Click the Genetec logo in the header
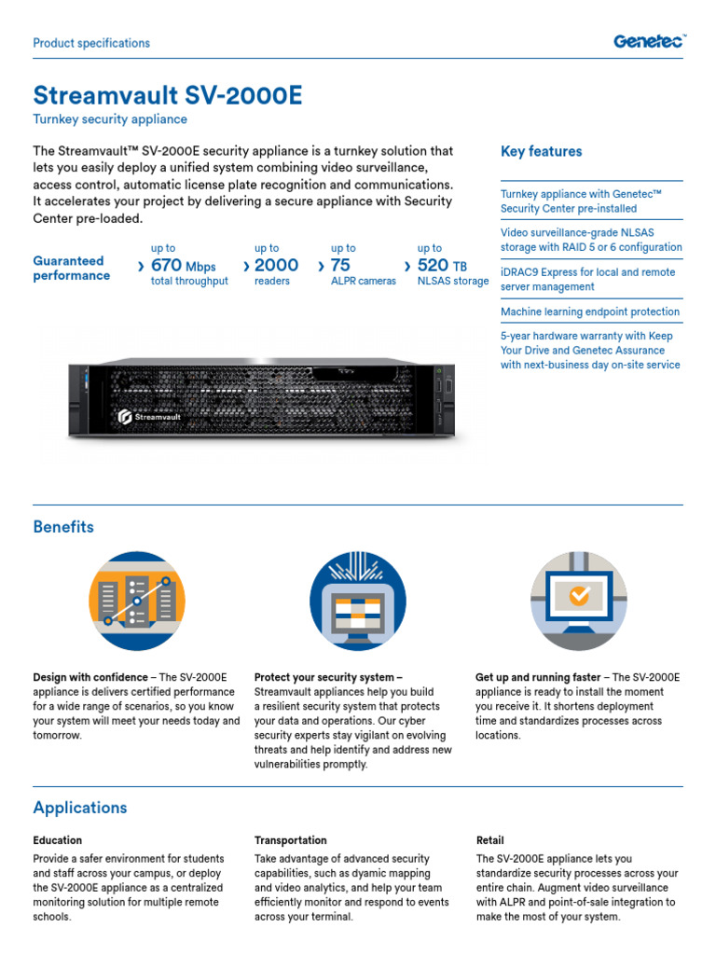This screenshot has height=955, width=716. [x=650, y=41]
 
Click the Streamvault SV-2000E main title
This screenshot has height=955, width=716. [x=168, y=95]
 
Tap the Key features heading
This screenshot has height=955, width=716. [x=541, y=151]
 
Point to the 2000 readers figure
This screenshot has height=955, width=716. [x=276, y=266]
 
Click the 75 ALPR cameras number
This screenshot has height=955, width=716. [x=340, y=266]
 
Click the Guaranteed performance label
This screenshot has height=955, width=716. [x=72, y=269]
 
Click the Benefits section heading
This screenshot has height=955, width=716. [x=63, y=527]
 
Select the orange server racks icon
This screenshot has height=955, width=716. [x=137, y=600]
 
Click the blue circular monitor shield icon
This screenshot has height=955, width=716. [x=358, y=600]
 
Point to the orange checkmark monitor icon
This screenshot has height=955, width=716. [x=579, y=600]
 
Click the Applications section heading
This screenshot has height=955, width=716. [x=80, y=808]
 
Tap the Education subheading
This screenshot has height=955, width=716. [x=58, y=840]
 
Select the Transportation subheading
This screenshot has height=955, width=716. [x=291, y=840]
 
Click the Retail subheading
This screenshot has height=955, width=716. [x=489, y=840]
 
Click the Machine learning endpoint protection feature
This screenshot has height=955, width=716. [x=590, y=311]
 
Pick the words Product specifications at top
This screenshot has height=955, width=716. [x=91, y=43]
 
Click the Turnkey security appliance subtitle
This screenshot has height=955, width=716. [x=110, y=119]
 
